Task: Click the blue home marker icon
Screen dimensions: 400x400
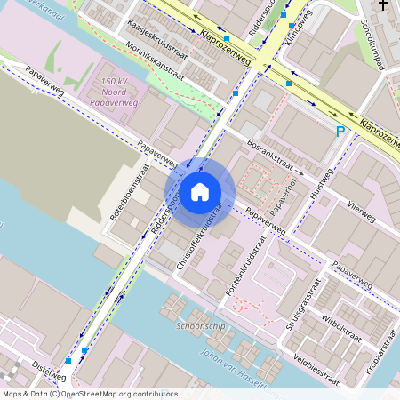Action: pyautogui.click(x=200, y=190)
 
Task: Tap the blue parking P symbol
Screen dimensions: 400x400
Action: pyautogui.click(x=340, y=132)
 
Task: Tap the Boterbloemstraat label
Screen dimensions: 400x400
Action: pyautogui.click(x=130, y=191)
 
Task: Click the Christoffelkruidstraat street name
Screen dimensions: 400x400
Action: pyautogui.click(x=199, y=239)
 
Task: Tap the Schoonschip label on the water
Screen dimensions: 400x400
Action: pyautogui.click(x=197, y=325)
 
